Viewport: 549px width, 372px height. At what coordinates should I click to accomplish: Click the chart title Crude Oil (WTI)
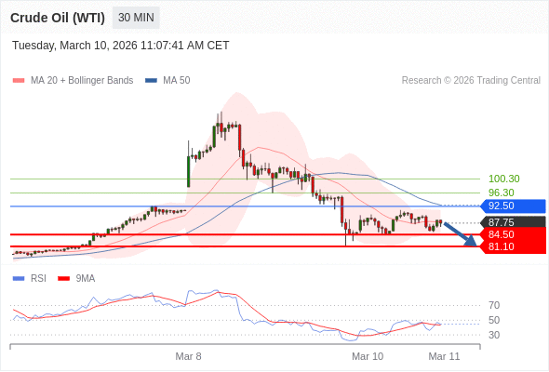click(x=58, y=18)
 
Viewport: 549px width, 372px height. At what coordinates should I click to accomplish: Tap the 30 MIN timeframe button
click(x=136, y=18)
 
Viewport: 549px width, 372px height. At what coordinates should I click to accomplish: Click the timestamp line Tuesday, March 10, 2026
click(x=120, y=46)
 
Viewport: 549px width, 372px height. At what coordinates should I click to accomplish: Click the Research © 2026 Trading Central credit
click(x=471, y=80)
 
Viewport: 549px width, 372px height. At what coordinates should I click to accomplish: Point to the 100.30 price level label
click(x=503, y=179)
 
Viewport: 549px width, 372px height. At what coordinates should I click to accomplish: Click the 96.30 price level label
click(x=501, y=193)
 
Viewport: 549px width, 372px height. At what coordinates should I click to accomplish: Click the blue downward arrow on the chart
click(x=461, y=233)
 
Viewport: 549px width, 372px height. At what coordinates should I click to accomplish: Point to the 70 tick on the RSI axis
click(x=494, y=305)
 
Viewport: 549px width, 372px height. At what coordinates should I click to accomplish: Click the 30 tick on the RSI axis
click(x=494, y=335)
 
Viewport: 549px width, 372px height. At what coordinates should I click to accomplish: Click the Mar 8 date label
click(x=189, y=356)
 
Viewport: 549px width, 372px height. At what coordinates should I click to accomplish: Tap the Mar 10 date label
click(x=368, y=356)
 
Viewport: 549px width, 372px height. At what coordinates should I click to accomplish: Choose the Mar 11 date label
click(x=444, y=356)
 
